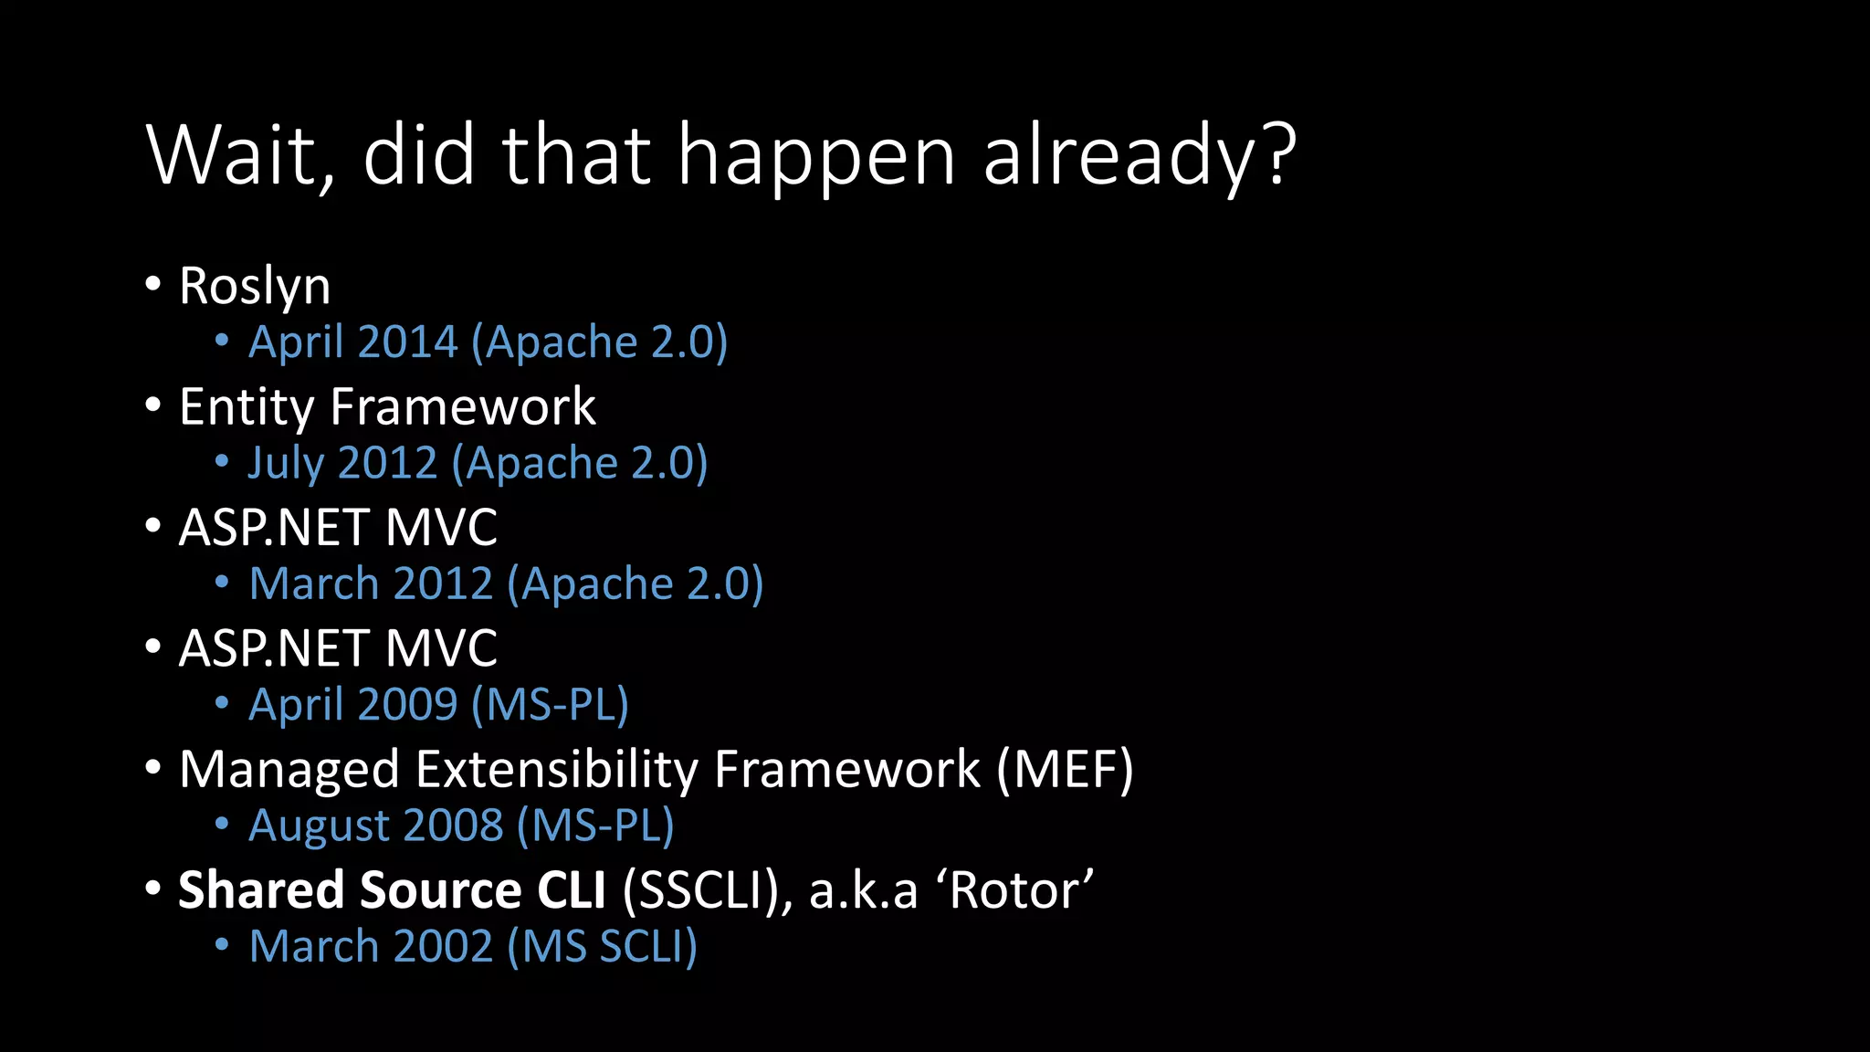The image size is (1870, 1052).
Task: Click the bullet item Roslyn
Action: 255,287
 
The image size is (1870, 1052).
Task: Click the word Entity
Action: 247,407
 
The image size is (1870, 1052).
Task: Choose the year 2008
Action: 453,826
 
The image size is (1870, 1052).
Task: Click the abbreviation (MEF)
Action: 1065,770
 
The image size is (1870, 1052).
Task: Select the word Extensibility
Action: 557,770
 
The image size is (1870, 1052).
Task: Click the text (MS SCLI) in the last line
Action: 603,947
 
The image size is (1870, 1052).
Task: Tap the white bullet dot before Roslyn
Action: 153,284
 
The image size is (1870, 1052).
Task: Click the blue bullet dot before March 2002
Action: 222,945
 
